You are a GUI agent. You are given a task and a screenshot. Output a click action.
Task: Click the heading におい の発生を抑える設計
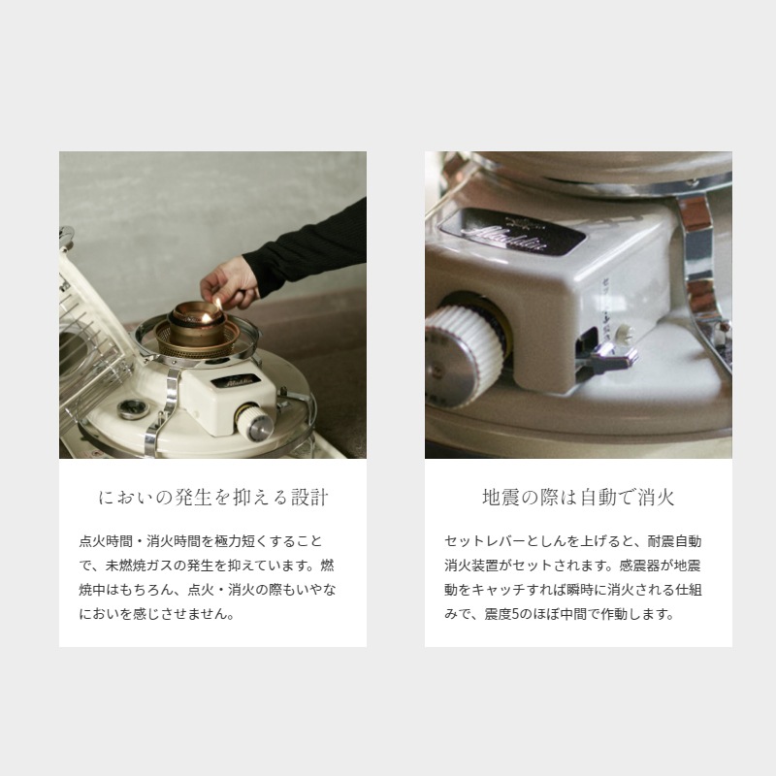[x=213, y=497]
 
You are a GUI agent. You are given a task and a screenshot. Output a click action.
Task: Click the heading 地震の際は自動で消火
[x=578, y=497]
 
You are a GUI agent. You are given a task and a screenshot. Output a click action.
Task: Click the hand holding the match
[x=230, y=283]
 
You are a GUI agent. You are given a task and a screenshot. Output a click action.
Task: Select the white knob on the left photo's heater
[x=254, y=422]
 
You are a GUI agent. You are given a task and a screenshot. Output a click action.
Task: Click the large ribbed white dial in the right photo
[x=464, y=355]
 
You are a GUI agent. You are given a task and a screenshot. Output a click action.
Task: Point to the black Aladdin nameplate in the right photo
[x=513, y=232]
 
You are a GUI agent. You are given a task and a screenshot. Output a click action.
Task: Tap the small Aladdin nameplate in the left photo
[x=236, y=380]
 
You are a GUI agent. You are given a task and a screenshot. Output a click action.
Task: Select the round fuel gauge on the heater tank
[x=133, y=408]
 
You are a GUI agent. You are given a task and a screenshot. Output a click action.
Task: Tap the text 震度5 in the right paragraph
[x=501, y=614]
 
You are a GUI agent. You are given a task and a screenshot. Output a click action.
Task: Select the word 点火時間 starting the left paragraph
[x=106, y=541]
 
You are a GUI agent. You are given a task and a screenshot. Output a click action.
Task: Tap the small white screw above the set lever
[x=626, y=331]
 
